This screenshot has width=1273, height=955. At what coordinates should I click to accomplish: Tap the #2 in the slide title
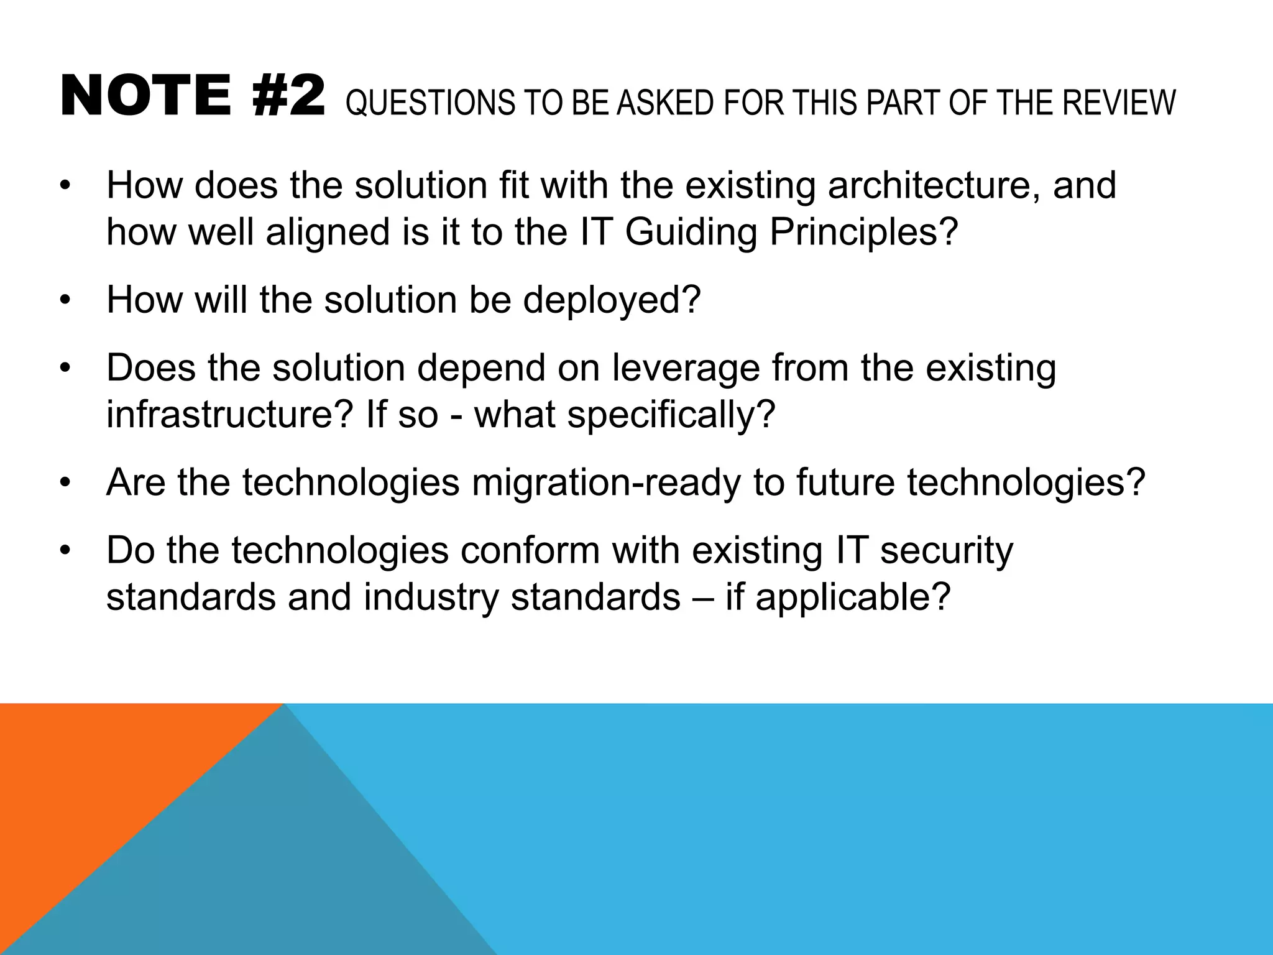[289, 96]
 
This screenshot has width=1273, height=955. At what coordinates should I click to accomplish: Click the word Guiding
[691, 233]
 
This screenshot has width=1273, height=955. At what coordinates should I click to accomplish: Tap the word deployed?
[612, 300]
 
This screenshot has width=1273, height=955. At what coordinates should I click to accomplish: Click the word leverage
[686, 368]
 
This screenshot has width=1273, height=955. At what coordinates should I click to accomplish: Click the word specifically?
[671, 415]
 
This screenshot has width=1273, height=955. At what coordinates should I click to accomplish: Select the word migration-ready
[606, 483]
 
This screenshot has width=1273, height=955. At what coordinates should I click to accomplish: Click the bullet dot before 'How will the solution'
[66, 302]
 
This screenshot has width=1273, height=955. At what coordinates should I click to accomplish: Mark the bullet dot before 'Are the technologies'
[66, 484]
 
